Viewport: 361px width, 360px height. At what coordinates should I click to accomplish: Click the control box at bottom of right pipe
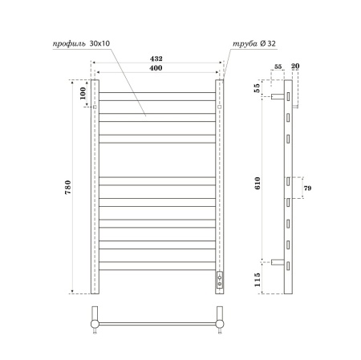219,280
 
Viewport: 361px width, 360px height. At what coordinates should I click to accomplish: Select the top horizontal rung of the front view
156,95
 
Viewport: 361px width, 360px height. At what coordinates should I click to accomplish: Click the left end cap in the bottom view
95,322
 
